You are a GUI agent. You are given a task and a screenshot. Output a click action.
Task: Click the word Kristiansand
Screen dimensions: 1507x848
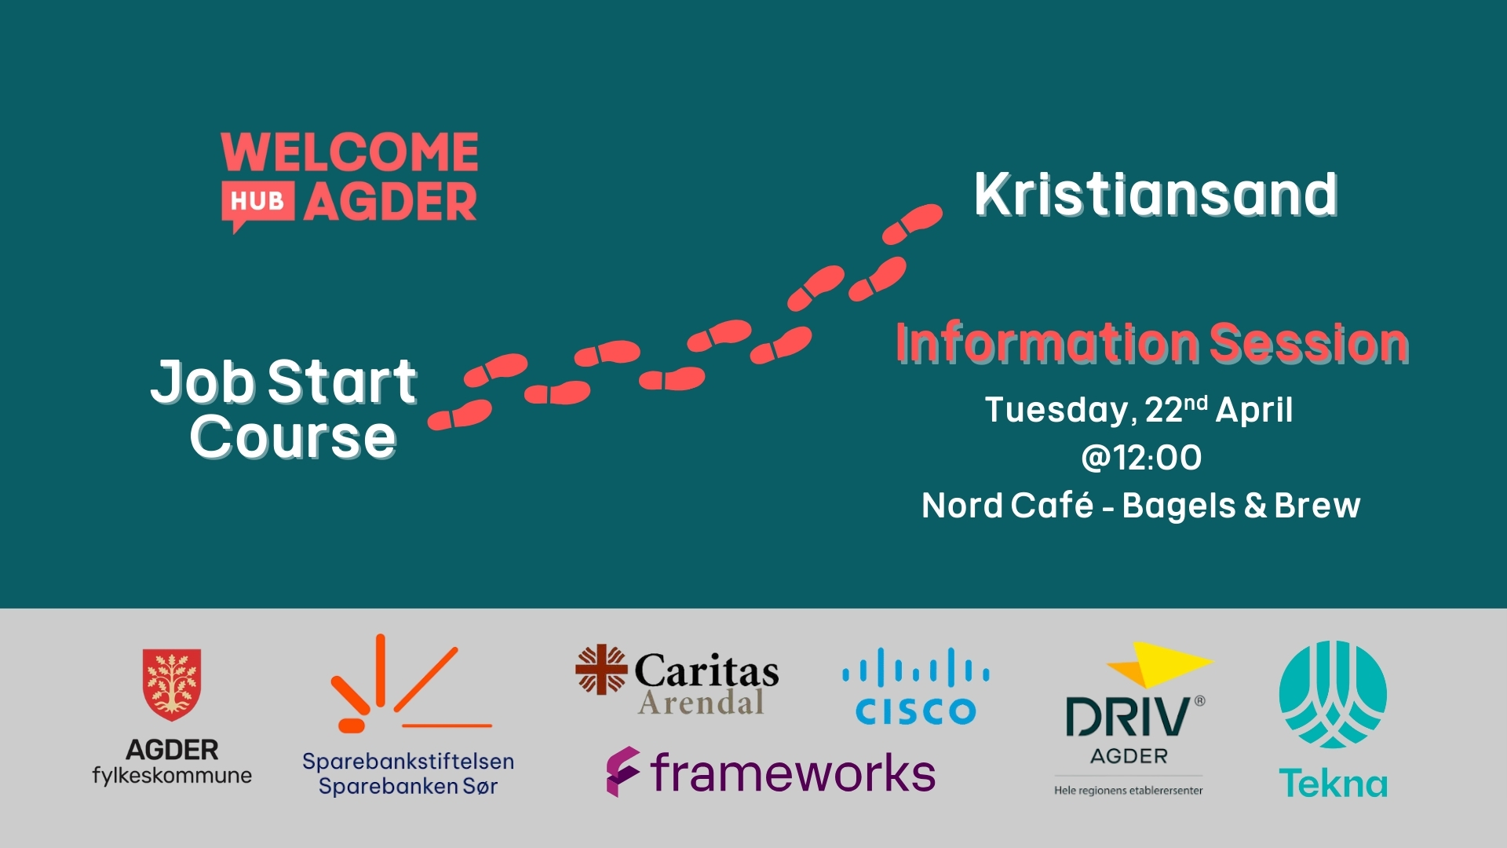tap(1155, 195)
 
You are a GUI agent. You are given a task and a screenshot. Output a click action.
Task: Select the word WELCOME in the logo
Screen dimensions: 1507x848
tap(350, 152)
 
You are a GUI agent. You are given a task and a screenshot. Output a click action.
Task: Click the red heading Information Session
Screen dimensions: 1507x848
tap(1152, 343)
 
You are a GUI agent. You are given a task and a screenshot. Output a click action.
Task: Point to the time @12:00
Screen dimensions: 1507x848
tap(1141, 458)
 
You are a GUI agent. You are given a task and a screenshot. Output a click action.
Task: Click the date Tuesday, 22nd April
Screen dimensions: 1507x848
tap(1139, 409)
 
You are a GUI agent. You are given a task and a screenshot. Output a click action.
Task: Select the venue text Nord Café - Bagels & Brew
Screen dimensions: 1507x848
tap(1141, 506)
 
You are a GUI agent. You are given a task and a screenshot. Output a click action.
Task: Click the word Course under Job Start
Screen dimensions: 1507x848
tap(293, 437)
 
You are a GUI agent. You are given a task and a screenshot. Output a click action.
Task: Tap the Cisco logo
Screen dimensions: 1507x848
tap(916, 685)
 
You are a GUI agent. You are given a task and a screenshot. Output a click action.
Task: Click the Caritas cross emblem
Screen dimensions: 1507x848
tap(601, 670)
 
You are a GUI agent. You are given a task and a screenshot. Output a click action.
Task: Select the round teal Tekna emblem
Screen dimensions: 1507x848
tap(1333, 694)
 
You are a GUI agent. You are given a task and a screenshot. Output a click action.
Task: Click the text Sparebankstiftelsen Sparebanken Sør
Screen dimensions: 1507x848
tap(408, 773)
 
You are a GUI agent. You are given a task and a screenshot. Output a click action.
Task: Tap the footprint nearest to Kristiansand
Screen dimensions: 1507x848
tap(912, 223)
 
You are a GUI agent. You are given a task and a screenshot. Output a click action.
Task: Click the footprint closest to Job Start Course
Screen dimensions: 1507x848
tap(460, 414)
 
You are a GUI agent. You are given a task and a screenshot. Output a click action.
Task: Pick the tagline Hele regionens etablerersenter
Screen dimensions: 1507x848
tap(1129, 791)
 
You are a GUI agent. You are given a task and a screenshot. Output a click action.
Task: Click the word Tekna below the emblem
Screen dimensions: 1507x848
tap(1333, 783)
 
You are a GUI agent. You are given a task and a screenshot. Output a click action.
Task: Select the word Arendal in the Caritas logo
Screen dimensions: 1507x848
tap(701, 701)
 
